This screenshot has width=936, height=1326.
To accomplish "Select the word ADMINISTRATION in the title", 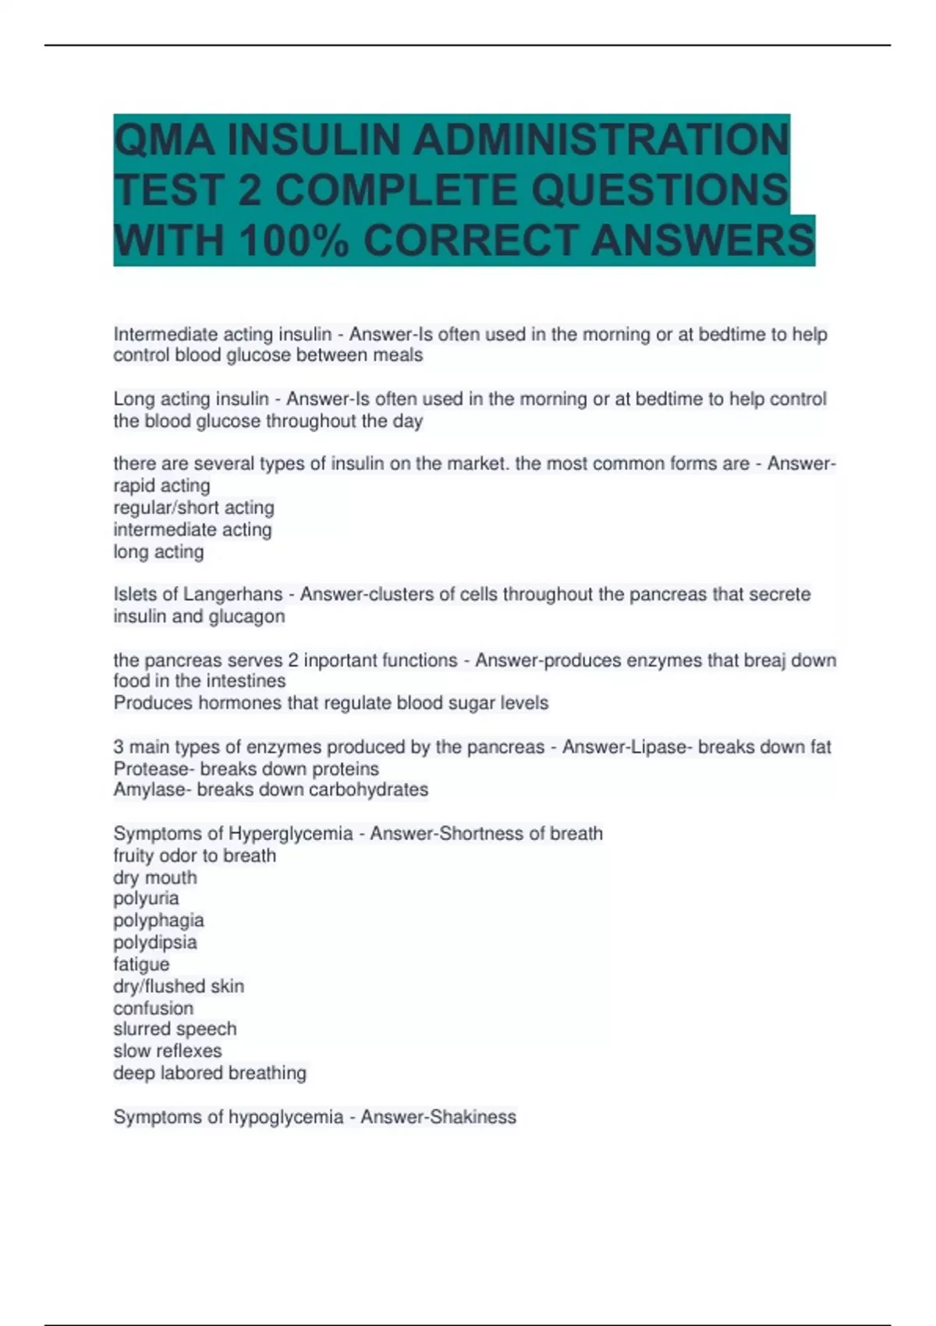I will (601, 140).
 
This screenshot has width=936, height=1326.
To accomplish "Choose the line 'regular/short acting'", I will (193, 508).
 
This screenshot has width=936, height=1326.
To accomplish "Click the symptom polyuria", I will (146, 899).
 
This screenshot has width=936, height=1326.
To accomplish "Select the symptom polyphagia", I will (158, 920).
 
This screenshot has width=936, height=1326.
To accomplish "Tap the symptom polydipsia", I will (154, 942).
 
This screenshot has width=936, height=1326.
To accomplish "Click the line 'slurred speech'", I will (175, 1029).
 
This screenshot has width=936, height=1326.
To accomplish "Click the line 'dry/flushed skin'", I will (179, 986).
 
